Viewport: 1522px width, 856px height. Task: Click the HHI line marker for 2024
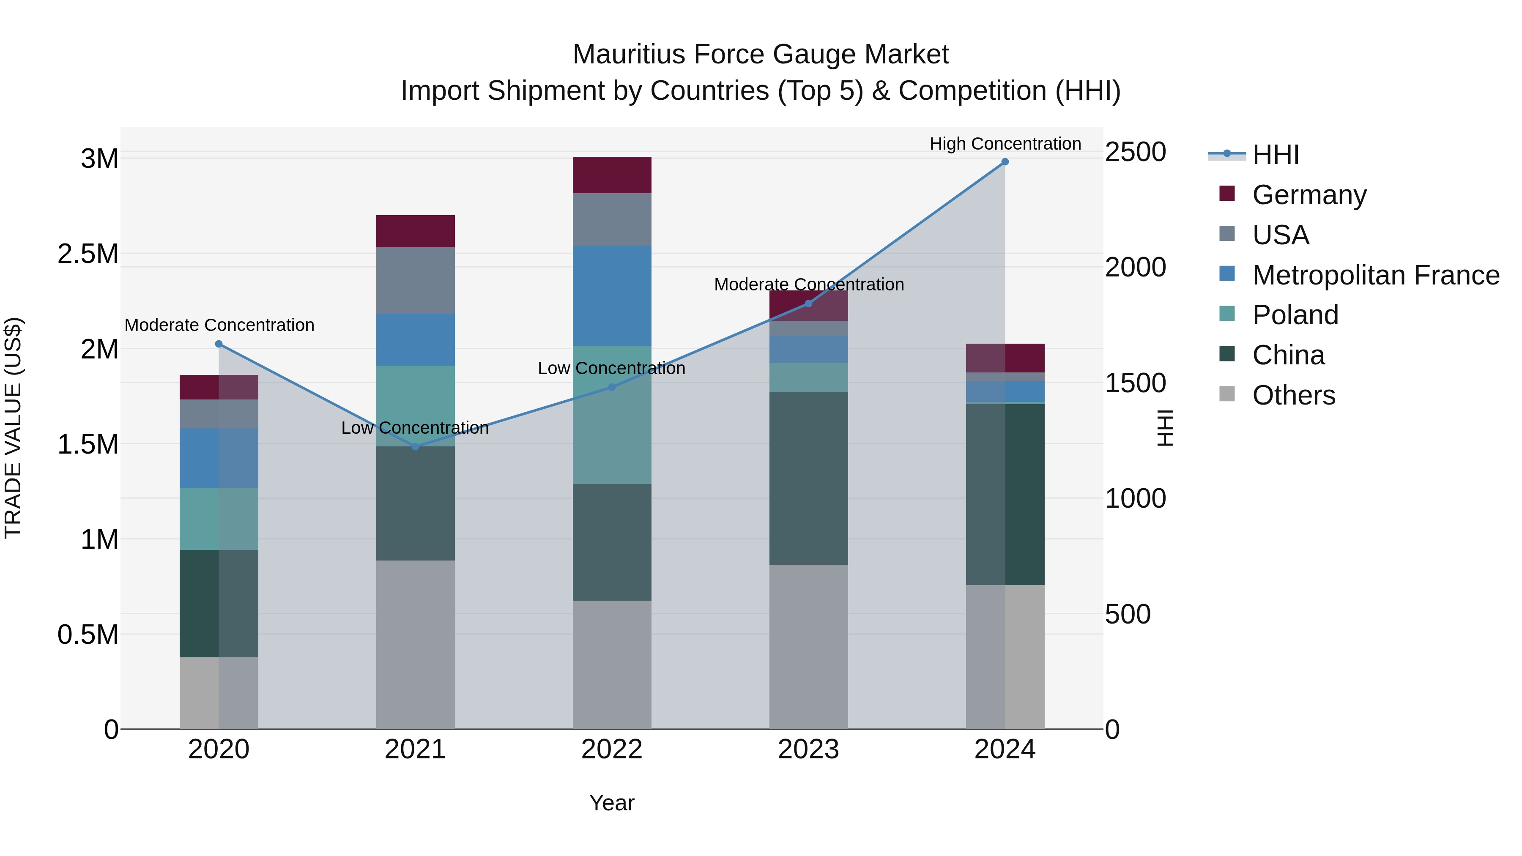pyautogui.click(x=1005, y=162)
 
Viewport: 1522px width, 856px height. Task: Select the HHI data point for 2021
pyautogui.click(x=415, y=447)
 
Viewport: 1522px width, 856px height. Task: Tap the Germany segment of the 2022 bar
pyautogui.click(x=612, y=175)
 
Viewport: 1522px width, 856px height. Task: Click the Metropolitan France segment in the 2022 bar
pyautogui.click(x=612, y=295)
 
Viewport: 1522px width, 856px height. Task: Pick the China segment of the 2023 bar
pyautogui.click(x=808, y=478)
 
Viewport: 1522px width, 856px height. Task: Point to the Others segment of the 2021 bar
pyautogui.click(x=415, y=644)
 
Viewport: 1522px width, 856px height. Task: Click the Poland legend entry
pyautogui.click(x=1295, y=315)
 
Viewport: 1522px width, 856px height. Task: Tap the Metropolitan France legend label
pyautogui.click(x=1375, y=275)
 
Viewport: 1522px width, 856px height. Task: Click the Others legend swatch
pyautogui.click(x=1227, y=394)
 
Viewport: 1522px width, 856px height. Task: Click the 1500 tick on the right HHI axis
pyautogui.click(x=1135, y=383)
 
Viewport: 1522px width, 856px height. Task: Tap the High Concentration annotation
pyautogui.click(x=1005, y=144)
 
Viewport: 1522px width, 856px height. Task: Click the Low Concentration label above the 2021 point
pyautogui.click(x=415, y=428)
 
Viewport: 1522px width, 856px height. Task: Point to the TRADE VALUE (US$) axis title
pyautogui.click(x=13, y=428)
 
